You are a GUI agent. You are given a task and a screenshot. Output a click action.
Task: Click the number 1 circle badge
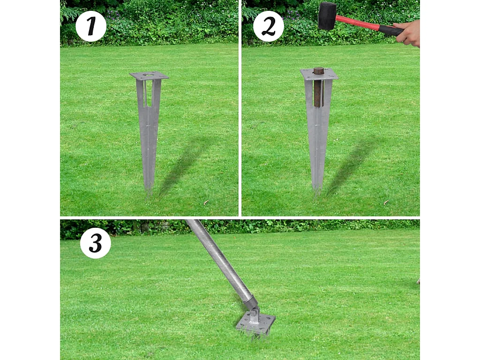point(91,26)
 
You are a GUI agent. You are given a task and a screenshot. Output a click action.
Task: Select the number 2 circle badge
point(269,27)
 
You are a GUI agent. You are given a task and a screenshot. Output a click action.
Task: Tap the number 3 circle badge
point(96,243)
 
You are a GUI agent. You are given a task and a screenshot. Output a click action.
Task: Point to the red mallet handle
point(358,22)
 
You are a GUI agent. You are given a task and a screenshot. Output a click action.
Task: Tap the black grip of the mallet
point(391,30)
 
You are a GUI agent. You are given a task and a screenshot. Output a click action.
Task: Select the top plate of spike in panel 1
point(149,75)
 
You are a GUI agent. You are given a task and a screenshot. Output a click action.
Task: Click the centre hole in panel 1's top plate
point(149,74)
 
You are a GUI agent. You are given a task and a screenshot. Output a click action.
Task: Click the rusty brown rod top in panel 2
point(319,70)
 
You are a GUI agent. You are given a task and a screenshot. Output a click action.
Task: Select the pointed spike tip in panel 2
point(317,195)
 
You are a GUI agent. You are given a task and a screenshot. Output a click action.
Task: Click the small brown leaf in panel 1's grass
point(206,202)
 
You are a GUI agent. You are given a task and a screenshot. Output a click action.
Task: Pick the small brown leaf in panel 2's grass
point(386,202)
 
